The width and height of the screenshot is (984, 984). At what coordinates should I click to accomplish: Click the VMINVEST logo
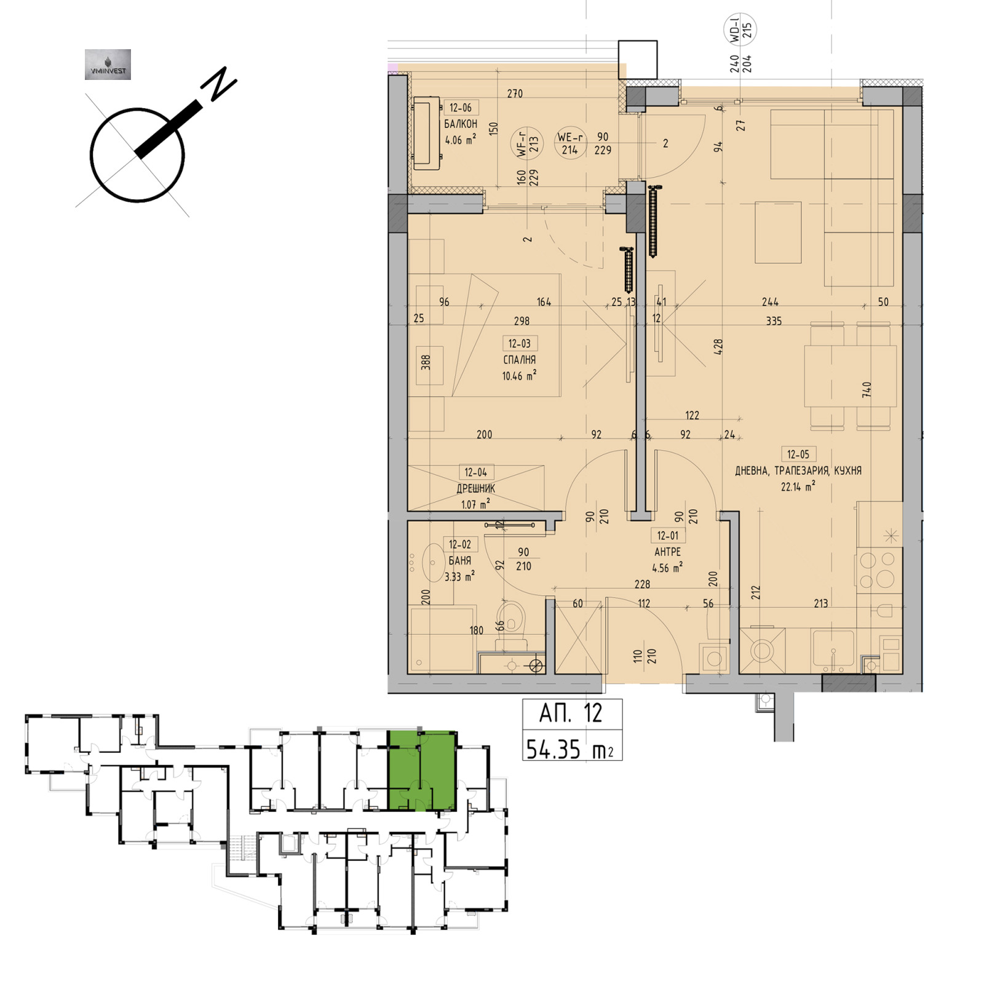click(108, 65)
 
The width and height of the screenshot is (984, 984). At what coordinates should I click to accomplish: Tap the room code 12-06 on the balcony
click(460, 108)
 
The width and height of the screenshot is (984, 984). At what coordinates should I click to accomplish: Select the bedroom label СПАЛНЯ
click(519, 360)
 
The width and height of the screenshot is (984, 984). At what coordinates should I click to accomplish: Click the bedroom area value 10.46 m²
click(519, 376)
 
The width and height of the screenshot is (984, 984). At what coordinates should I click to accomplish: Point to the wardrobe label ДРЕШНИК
click(475, 488)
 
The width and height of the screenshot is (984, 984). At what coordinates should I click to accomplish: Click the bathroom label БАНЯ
click(459, 561)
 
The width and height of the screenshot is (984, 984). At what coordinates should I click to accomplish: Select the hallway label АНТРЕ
click(667, 552)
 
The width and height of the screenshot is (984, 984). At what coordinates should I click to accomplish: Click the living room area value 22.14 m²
click(798, 486)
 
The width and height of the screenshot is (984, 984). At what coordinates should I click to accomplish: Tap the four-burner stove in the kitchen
click(877, 570)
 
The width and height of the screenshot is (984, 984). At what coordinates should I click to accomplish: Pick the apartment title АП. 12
click(571, 713)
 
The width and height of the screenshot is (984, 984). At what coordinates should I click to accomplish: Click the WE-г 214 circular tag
click(570, 144)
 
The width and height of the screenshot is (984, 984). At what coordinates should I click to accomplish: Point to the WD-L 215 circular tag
click(740, 30)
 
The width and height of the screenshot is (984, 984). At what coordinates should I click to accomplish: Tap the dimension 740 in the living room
click(867, 390)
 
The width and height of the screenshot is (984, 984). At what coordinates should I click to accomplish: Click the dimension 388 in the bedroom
click(426, 362)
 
